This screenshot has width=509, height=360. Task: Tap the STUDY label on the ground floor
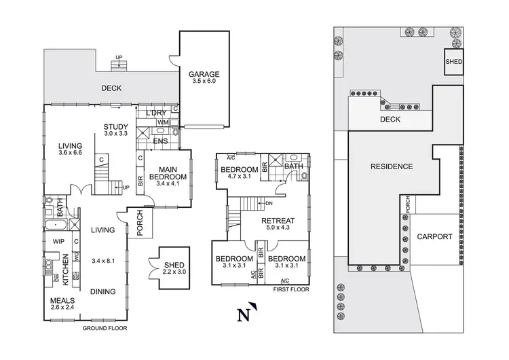point(116,126)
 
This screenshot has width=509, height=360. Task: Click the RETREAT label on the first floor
point(278,220)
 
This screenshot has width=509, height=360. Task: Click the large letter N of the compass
point(242,314)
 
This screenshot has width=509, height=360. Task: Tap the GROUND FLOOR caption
point(105,328)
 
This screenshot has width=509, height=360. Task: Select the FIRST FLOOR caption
point(290,289)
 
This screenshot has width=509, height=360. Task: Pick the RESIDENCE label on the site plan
point(392,166)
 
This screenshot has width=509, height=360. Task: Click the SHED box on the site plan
point(453,60)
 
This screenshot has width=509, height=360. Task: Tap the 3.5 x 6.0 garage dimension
point(204,82)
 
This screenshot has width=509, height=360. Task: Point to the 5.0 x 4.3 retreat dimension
point(278,228)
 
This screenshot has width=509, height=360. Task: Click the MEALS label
point(62,300)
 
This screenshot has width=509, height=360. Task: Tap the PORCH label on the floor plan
point(140,227)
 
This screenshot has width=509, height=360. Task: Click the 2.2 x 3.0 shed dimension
point(174,272)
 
